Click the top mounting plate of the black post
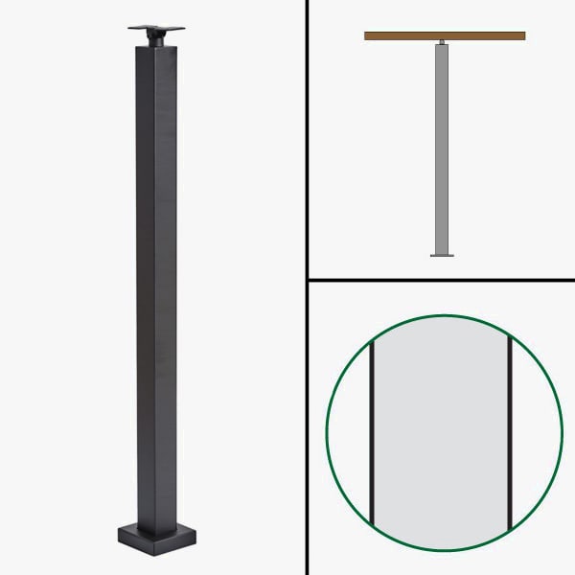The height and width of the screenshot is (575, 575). pos(154,26)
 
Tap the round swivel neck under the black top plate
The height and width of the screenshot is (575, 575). pos(155,37)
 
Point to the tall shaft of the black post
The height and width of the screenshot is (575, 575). pos(156,287)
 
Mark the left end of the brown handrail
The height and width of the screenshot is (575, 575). pos(367,36)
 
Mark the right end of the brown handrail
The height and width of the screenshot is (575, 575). pos(523,36)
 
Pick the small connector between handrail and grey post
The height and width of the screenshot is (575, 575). pos(442,42)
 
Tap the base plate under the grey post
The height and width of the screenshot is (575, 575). pos(442,255)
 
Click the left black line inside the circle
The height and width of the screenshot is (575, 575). pos(370,431)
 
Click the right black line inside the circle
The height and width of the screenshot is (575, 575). pos(509,431)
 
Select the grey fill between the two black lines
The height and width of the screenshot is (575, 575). pos(440,431)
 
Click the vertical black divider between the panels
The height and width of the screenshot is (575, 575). pos(307,287)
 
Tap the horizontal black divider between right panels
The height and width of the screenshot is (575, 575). pos(441,281)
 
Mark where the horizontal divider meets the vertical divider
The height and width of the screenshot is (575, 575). pos(307,281)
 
